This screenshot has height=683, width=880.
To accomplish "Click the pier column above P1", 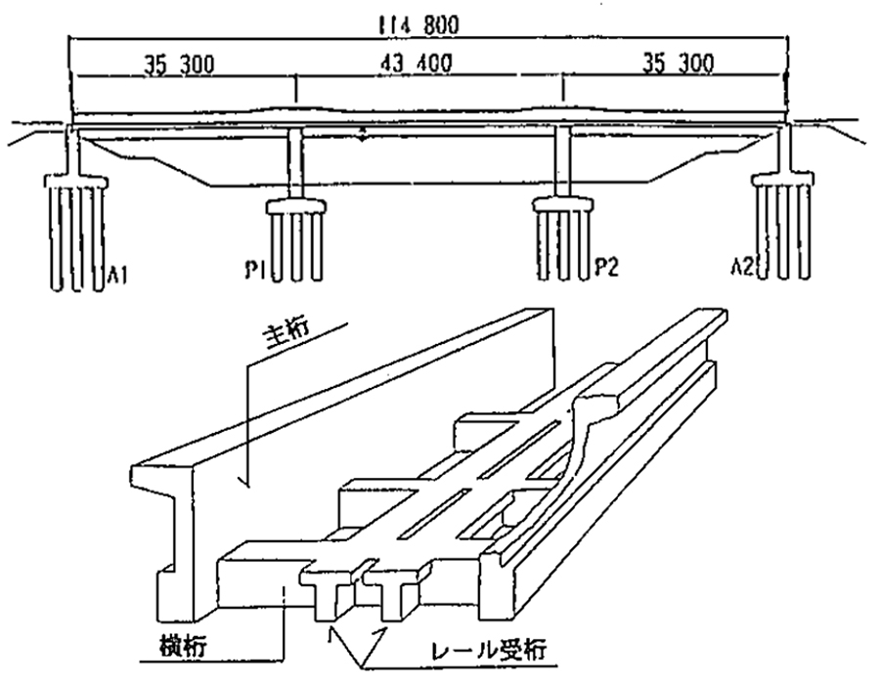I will pyautogui.click(x=297, y=167).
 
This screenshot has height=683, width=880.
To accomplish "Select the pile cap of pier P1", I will pyautogui.click(x=296, y=207).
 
